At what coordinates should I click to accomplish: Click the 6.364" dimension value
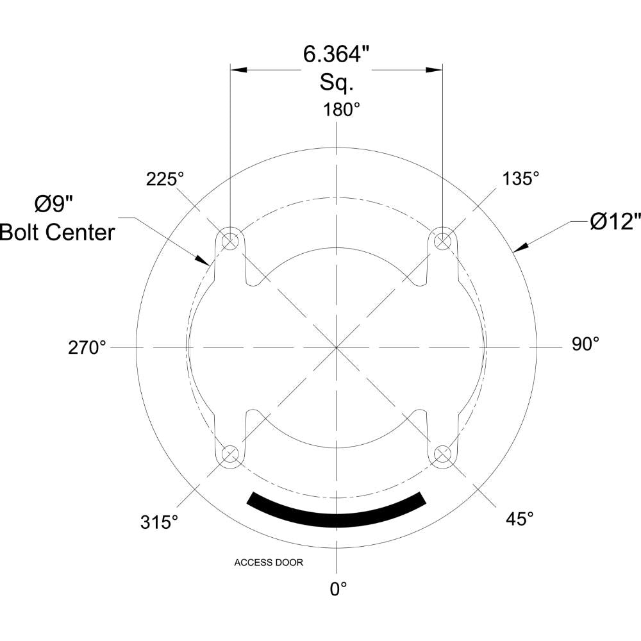337,56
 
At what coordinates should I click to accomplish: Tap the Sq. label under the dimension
337,83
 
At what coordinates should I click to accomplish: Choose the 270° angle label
87,347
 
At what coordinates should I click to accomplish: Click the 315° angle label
159,522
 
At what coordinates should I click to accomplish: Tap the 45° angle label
520,519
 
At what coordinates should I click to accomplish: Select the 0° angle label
338,588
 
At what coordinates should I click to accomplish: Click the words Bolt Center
58,231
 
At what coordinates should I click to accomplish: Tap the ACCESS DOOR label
269,563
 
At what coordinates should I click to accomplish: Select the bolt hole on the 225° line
230,241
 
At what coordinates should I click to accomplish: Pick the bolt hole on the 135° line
442,241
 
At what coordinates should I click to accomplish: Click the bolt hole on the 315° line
230,454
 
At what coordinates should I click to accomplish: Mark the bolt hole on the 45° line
442,454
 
